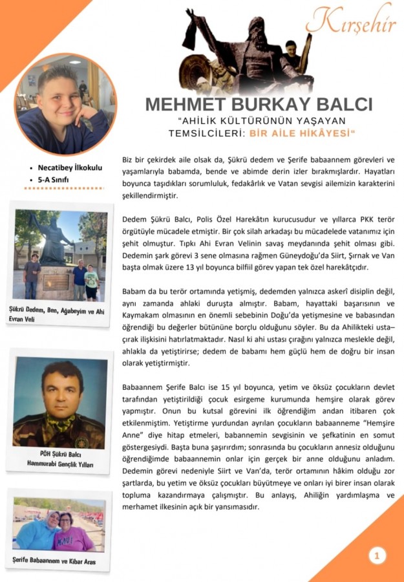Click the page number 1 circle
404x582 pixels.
pyautogui.click(x=376, y=555)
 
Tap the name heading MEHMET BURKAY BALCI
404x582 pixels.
pyautogui.click(x=259, y=105)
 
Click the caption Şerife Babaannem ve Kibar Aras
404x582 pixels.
pyautogui.click(x=54, y=561)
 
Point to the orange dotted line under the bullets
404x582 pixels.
pyautogui.click(x=63, y=189)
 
